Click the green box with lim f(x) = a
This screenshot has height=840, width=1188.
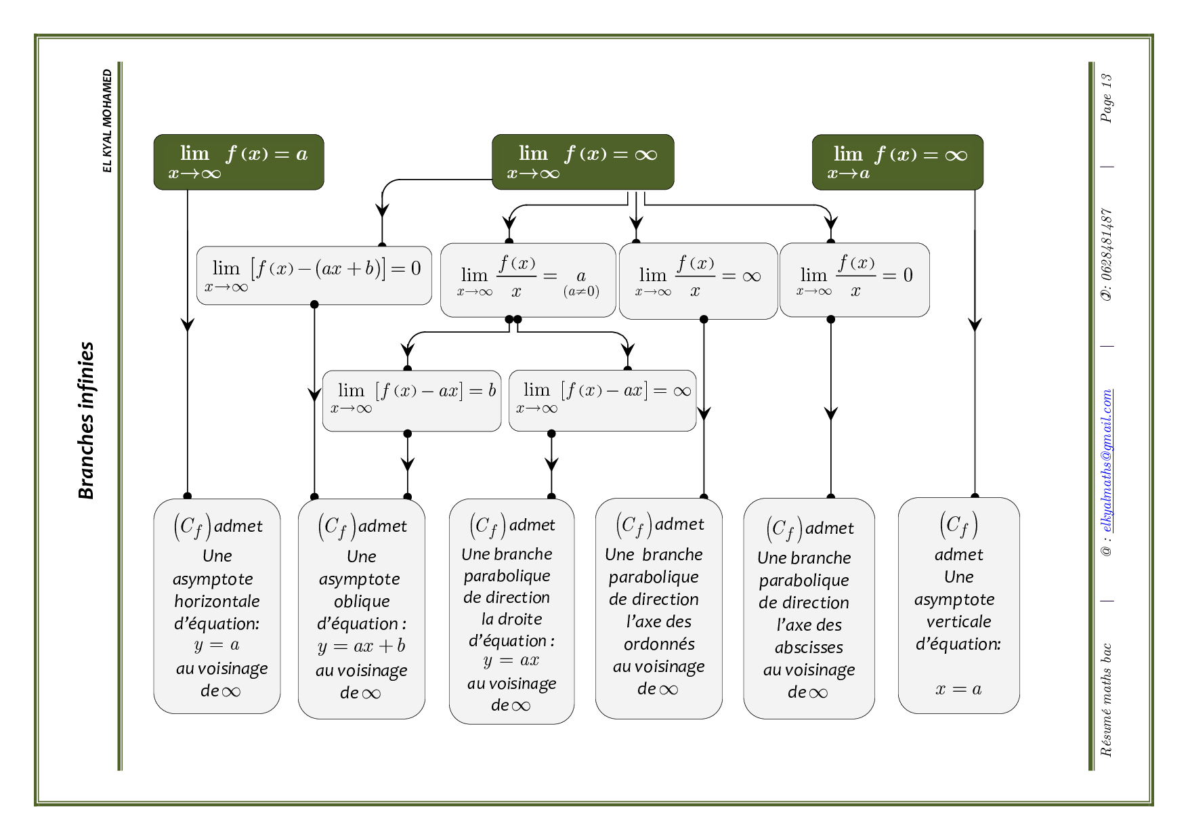238,162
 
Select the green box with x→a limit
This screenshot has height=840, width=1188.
897,162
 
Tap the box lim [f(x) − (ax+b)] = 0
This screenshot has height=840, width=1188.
314,275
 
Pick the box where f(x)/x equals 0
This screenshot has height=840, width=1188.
854,280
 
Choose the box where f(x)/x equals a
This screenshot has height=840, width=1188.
528,280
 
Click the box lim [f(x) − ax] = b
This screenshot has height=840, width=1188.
412,400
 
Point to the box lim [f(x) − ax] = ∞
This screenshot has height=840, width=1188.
602,400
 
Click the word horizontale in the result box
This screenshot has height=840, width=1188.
217,602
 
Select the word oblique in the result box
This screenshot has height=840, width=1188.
362,602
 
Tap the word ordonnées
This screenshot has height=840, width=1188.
659,644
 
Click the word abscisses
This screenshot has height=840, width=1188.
809,648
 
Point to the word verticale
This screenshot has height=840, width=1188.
958,622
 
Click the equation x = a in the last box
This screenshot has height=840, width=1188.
958,690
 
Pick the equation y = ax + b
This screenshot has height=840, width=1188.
362,646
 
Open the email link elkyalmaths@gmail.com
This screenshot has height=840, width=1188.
1106,461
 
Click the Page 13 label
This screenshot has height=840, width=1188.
1106,98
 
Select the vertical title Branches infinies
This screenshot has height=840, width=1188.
86,420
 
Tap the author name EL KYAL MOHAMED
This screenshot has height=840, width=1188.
107,121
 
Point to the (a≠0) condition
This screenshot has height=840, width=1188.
581,292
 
